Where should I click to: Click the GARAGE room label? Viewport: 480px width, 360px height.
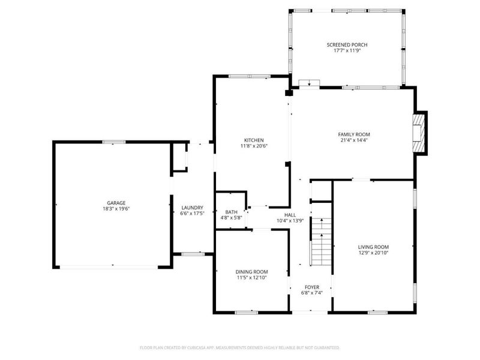point(116,203)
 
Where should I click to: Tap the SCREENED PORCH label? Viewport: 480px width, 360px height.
point(347,44)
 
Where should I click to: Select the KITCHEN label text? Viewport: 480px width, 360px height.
point(254,140)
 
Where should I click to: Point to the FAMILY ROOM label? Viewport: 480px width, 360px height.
point(354,134)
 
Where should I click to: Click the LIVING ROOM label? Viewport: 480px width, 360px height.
point(373,247)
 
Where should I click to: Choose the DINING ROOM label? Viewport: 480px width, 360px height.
point(251,272)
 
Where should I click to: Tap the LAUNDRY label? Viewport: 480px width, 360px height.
point(192,208)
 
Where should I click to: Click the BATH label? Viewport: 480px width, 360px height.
point(232,212)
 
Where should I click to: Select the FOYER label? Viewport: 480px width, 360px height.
point(312,287)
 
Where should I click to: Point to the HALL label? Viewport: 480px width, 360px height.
point(290,215)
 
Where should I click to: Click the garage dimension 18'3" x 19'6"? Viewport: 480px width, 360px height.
point(116,209)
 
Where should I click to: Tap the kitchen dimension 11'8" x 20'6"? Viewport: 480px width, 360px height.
point(254,146)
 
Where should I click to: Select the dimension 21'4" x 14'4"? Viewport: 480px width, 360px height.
point(354,140)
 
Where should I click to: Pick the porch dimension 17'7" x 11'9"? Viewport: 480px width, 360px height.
point(347,50)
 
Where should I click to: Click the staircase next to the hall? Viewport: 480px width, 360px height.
point(321,242)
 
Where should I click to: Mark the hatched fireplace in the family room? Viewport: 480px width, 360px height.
point(419,133)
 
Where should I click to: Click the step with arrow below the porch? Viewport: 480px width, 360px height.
point(309,83)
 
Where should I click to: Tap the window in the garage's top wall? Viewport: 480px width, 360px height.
point(113,142)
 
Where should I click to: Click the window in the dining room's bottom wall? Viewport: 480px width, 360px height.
point(247,313)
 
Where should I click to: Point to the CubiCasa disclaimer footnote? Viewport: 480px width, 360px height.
point(239,348)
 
